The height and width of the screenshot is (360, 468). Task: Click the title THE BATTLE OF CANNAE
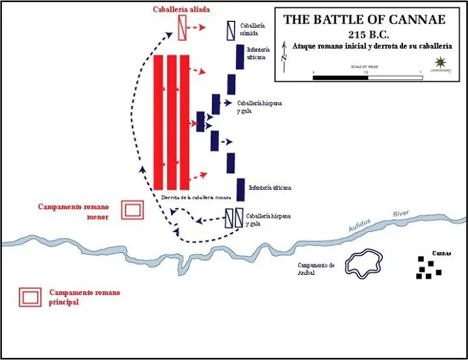click(365, 19)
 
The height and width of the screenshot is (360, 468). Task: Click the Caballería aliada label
click(181, 9)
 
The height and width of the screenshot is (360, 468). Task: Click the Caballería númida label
click(252, 28)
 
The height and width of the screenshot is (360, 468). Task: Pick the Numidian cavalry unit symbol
click(231, 30)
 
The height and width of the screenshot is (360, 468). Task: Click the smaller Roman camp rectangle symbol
click(133, 210)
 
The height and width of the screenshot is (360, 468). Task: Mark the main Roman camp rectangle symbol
click(30, 297)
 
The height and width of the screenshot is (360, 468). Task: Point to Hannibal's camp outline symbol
click(365, 264)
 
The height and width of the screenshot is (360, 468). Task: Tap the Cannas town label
click(441, 253)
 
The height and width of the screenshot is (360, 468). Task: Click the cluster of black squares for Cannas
click(428, 268)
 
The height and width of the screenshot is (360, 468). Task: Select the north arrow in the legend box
click(284, 57)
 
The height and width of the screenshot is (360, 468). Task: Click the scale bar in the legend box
click(367, 77)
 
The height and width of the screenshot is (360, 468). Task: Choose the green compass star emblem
click(441, 62)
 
